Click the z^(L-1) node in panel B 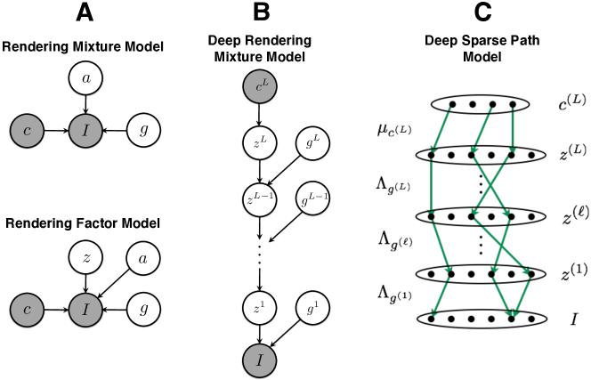coord(259,196)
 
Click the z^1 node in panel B coord(259,307)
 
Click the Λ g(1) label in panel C coord(393,293)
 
